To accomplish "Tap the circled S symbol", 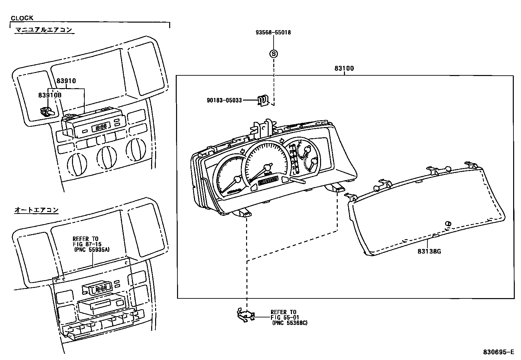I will tap(274, 54).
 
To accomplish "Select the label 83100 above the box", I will tap(344, 69).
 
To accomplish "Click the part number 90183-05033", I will tap(224, 100).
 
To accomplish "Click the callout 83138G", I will tap(429, 252).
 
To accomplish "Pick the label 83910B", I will tap(50, 95).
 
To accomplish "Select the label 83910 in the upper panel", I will tap(66, 81).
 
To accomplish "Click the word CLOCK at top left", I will tap(22, 18).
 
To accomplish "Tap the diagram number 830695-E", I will tap(499, 352).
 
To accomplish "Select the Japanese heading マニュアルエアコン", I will tap(44, 30).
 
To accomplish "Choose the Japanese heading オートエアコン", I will tap(36, 210).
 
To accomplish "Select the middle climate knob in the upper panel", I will tap(106, 157).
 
